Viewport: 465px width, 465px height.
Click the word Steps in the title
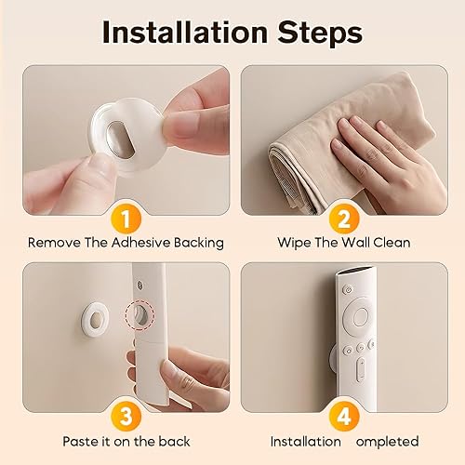[317, 33]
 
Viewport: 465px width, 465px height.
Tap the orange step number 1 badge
[126, 219]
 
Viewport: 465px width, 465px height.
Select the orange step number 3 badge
[126, 415]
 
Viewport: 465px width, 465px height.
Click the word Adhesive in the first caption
[131, 244]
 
